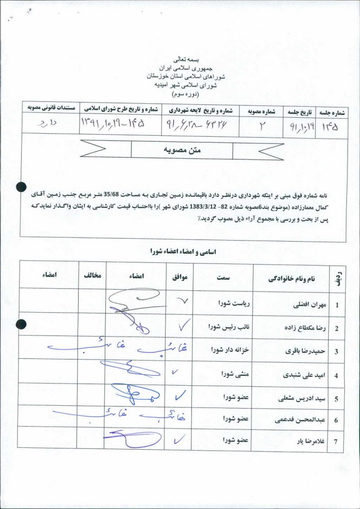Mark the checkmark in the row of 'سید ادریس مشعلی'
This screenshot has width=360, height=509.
coord(180,395)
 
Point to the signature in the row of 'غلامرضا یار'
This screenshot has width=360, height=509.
coord(132,439)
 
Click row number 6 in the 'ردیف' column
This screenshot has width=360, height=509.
coord(336,421)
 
